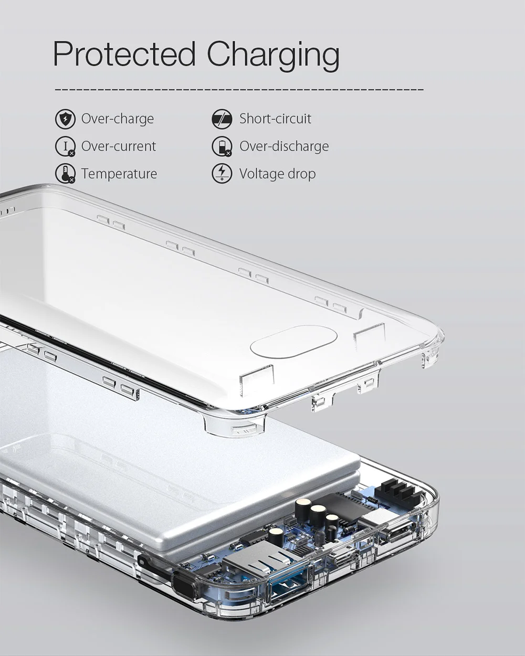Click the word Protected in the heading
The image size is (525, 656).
124,54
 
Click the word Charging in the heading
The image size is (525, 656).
274,56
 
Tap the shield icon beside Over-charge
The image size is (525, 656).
65,119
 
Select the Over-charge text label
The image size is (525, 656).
118,119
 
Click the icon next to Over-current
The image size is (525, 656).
65,146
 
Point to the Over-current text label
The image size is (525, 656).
118,146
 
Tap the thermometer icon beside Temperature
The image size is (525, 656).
65,174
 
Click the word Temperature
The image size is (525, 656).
119,174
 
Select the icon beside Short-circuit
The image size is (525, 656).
222,119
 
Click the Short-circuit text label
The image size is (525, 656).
275,119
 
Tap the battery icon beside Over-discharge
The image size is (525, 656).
222,146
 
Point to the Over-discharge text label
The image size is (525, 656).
284,146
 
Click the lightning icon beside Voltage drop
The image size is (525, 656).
222,174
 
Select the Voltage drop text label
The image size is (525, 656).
277,174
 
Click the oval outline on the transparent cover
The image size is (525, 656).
293,341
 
